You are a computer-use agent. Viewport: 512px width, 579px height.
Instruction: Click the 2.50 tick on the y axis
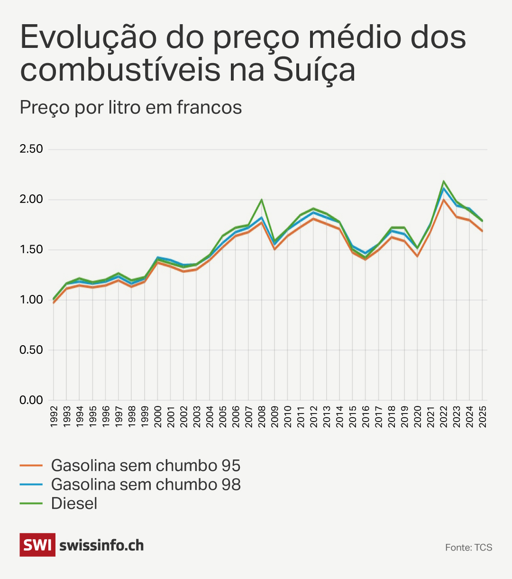(x=31, y=149)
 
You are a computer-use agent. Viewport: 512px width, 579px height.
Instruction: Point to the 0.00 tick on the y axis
(x=31, y=400)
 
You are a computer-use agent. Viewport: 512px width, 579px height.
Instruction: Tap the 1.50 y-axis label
(x=31, y=249)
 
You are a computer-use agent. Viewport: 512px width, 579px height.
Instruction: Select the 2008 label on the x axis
(x=262, y=416)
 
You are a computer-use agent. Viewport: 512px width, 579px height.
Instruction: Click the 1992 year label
(x=53, y=416)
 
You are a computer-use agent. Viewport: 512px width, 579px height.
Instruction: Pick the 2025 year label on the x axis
(x=483, y=416)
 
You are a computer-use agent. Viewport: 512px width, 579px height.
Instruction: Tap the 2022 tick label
(x=444, y=416)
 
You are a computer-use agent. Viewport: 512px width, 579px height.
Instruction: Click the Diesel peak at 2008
(x=261, y=200)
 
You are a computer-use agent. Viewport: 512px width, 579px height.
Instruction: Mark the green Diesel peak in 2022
(x=444, y=181)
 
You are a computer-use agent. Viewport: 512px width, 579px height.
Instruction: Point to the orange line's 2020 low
(x=417, y=256)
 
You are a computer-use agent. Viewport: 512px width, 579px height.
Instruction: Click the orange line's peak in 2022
(x=444, y=200)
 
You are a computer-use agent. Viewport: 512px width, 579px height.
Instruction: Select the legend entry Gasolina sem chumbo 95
(x=146, y=466)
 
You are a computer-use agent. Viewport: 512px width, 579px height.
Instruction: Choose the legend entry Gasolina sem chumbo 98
(x=146, y=485)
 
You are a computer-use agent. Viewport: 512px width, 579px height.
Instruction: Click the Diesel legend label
(x=74, y=504)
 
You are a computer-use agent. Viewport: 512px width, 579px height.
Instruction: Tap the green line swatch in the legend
(x=31, y=504)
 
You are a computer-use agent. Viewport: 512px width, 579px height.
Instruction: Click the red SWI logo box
(x=37, y=545)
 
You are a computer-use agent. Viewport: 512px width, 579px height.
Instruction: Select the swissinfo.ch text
(x=101, y=545)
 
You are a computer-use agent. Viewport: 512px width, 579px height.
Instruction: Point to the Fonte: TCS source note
(x=468, y=548)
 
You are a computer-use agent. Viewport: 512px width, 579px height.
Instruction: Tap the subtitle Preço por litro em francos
(x=131, y=108)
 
